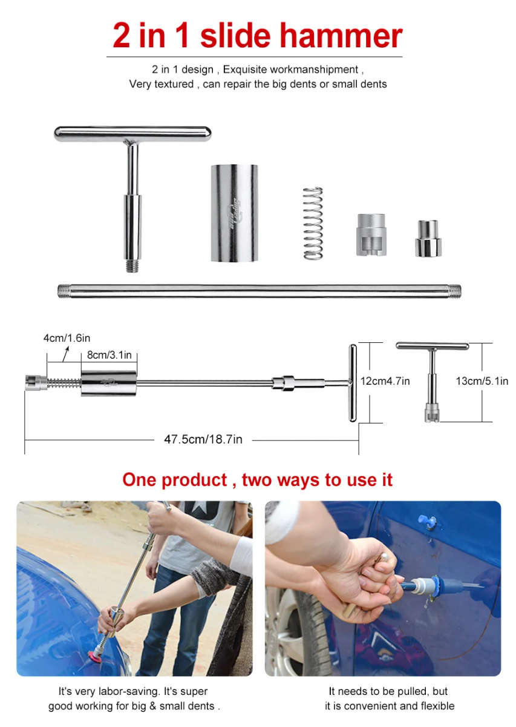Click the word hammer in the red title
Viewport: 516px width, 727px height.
click(344, 36)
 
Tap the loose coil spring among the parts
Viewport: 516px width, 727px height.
click(313, 223)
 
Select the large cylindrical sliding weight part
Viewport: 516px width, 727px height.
click(234, 213)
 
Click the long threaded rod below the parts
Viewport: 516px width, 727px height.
click(259, 291)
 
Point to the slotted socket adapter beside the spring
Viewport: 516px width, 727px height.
click(370, 234)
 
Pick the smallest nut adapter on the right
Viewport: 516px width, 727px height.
click(428, 238)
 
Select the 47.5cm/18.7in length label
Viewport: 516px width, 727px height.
click(203, 439)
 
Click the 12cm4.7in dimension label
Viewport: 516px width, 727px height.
click(385, 381)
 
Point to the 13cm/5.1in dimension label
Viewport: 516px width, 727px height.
click(482, 381)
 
